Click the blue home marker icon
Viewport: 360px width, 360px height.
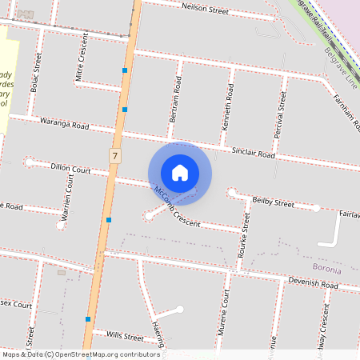click(x=180, y=173)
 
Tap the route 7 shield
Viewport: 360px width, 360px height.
click(x=116, y=155)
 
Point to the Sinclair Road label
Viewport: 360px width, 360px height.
click(x=253, y=152)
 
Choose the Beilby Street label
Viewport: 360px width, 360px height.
click(x=274, y=202)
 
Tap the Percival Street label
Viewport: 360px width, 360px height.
click(x=281, y=114)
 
